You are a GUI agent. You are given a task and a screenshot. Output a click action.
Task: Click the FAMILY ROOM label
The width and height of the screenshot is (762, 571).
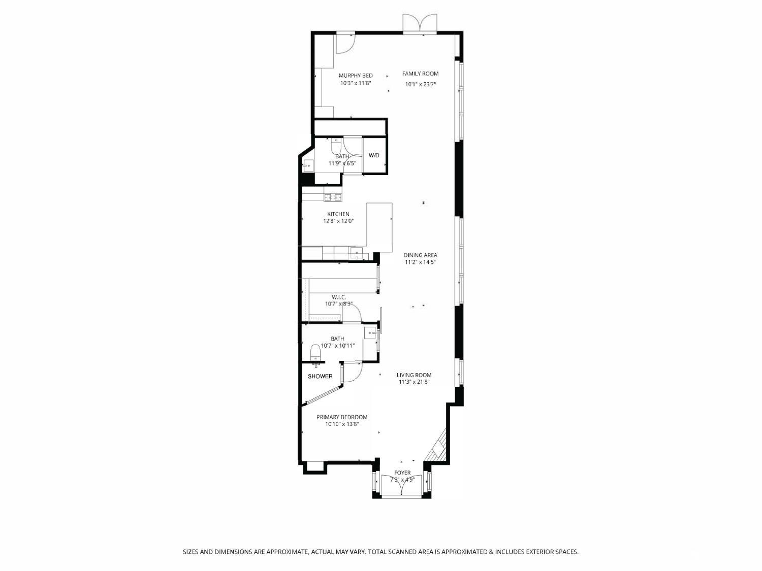420,74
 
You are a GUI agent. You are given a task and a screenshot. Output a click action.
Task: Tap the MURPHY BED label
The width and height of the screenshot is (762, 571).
356,76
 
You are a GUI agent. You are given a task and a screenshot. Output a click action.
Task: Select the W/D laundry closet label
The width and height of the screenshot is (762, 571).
374,155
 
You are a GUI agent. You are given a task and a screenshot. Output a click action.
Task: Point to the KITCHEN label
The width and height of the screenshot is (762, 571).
338,214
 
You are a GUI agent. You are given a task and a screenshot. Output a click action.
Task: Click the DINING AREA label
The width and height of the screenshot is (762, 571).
420,255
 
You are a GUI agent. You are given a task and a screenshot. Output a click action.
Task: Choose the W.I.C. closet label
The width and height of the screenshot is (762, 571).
339,297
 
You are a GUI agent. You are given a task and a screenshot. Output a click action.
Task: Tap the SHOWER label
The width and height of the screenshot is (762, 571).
320,377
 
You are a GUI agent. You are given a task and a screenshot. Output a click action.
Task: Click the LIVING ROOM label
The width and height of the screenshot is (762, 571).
414,376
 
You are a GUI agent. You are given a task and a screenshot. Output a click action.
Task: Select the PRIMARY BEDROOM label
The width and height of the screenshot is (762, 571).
342,417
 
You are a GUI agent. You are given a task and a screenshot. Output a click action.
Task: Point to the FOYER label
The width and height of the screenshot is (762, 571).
402,473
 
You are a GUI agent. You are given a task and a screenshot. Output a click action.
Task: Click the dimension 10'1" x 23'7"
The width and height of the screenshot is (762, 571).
421,85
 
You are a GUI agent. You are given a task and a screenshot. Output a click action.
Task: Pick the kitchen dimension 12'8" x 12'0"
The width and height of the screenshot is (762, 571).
338,221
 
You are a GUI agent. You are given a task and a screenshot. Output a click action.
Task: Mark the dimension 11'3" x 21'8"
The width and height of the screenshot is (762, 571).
414,382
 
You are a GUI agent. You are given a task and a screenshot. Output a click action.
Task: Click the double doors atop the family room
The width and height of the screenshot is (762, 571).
420,24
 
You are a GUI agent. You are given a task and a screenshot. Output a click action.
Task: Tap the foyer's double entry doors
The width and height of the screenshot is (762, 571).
402,486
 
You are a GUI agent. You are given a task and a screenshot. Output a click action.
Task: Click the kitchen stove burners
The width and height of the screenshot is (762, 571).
333,197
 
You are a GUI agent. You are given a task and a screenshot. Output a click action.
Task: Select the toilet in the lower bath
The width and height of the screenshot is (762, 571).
315,352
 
